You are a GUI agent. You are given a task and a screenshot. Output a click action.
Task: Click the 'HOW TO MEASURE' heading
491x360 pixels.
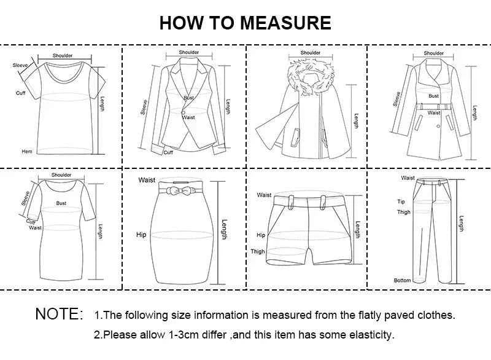click(x=245, y=23)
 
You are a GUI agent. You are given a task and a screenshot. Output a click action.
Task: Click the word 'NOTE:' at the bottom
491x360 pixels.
click(x=59, y=314)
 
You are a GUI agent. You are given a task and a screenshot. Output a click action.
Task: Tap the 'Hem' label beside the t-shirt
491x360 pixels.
click(x=26, y=151)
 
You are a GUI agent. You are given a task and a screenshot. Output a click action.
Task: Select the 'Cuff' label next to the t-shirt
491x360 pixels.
click(x=20, y=93)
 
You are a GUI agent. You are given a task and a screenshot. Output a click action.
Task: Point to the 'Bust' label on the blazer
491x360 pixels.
click(x=188, y=98)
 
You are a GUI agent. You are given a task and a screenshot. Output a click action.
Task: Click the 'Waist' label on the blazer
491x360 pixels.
click(x=188, y=117)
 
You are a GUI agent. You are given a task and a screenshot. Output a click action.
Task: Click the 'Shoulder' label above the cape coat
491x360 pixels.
click(x=311, y=53)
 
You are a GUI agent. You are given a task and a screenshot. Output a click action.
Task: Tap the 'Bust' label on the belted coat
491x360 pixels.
click(x=434, y=96)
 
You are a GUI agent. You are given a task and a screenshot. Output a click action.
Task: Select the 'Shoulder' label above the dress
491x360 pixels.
click(x=61, y=175)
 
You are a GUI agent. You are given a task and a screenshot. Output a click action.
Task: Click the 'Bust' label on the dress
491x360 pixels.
click(x=61, y=203)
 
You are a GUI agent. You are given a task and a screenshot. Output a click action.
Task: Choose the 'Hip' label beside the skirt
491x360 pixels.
click(x=141, y=235)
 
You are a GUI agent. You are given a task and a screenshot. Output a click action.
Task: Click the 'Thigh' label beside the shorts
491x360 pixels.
click(x=258, y=251)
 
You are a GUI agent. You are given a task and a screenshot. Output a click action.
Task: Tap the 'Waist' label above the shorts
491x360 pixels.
click(x=264, y=195)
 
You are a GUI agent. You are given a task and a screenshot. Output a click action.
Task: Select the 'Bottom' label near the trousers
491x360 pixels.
click(x=403, y=280)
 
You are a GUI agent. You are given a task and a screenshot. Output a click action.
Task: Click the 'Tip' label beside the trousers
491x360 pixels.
click(x=401, y=202)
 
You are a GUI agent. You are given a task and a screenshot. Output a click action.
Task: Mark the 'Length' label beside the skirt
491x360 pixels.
click(x=225, y=230)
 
